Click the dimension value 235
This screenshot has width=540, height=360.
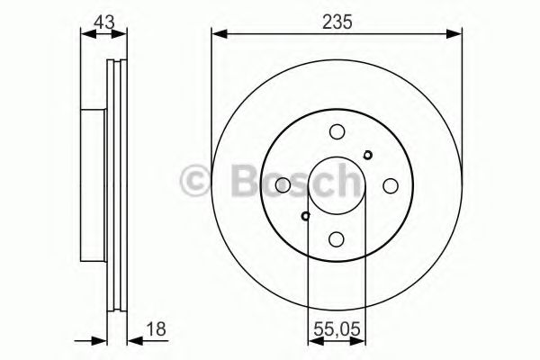[x=337, y=19]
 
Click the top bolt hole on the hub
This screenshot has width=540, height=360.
[x=337, y=130]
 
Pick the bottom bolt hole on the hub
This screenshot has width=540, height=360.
[x=337, y=239]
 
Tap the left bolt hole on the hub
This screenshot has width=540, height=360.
[x=283, y=185]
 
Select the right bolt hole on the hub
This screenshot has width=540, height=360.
[x=391, y=185]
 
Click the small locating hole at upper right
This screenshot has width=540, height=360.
[x=367, y=154]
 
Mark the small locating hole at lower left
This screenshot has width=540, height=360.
[x=306, y=215]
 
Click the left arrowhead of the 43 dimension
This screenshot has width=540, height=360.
[x=86, y=34]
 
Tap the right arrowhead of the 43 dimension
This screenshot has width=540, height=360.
[x=122, y=34]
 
